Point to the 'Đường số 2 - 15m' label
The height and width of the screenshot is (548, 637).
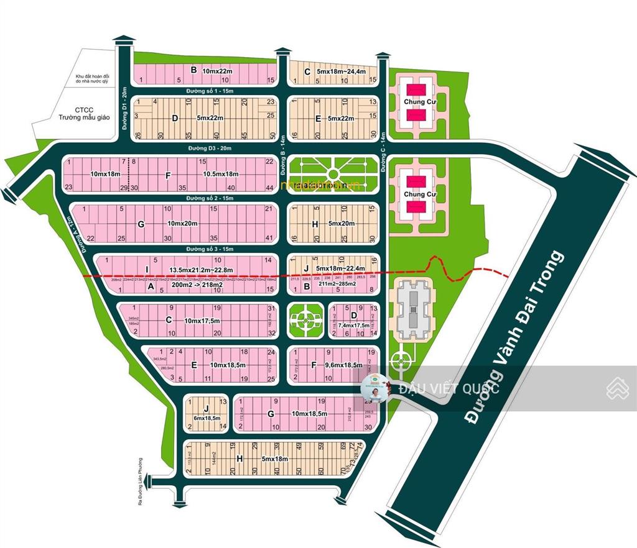tap(210, 198)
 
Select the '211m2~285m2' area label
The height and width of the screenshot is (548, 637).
tap(337, 285)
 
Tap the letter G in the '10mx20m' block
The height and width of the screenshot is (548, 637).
tap(141, 224)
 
